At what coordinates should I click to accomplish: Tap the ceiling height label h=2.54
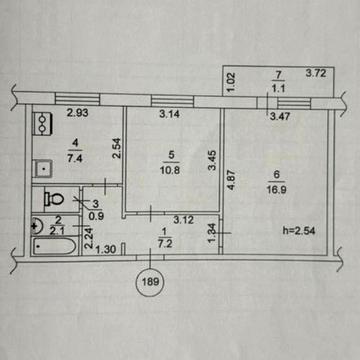(298, 232)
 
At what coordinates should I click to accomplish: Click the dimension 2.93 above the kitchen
(79, 113)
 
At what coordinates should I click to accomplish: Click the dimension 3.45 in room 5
(211, 157)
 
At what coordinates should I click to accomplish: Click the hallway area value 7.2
(166, 243)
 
